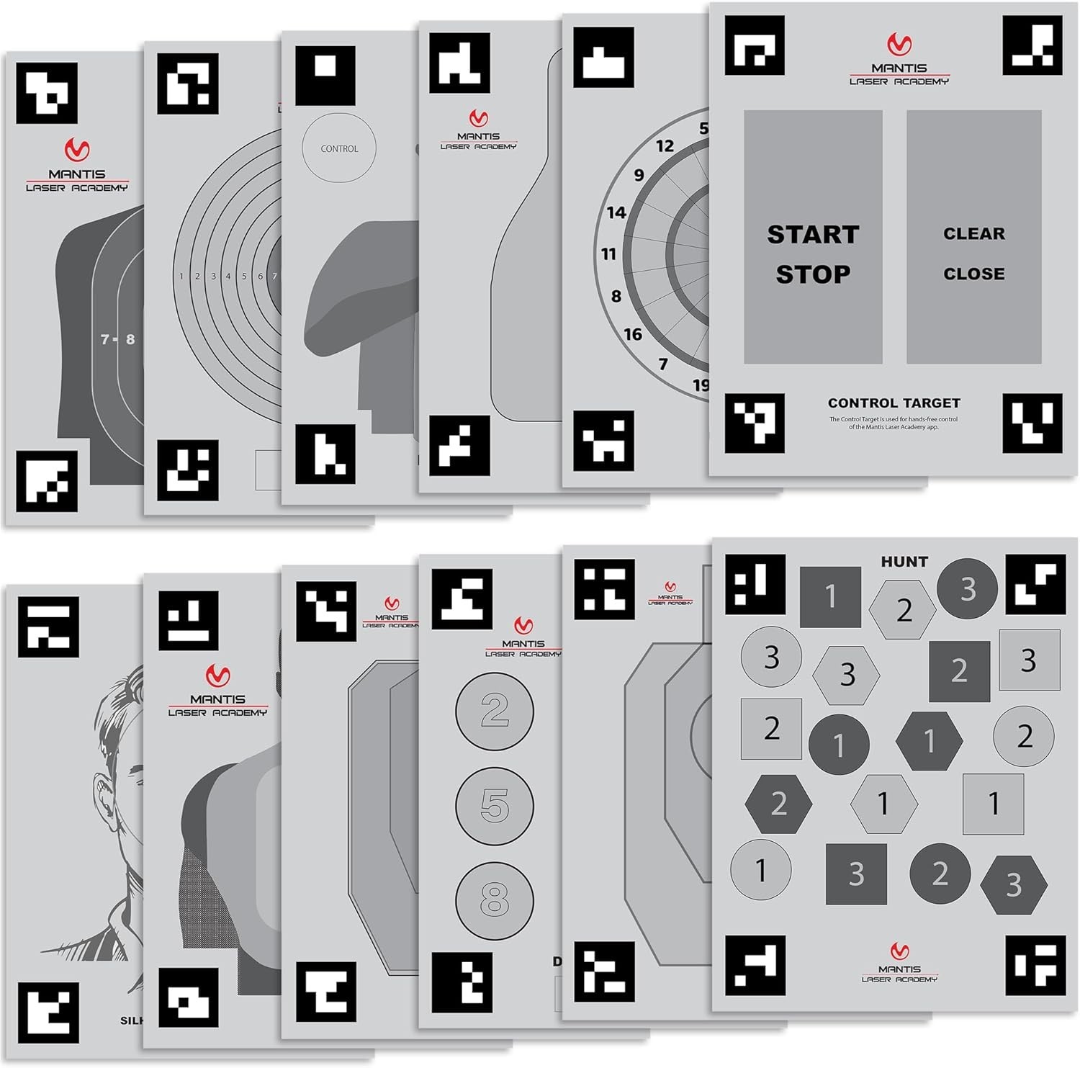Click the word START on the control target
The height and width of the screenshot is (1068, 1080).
click(813, 235)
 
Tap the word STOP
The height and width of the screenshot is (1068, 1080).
click(813, 274)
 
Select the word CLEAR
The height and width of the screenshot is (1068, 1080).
click(973, 234)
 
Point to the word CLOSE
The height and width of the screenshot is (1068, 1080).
click(973, 274)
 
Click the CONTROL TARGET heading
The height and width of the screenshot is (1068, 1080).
click(894, 403)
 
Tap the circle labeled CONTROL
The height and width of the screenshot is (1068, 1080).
click(339, 149)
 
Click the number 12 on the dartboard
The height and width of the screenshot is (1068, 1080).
click(665, 146)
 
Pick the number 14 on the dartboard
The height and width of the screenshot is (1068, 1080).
click(616, 212)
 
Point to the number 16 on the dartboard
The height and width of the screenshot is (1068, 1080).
click(633, 334)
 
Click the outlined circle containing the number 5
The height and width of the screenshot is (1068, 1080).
click(495, 805)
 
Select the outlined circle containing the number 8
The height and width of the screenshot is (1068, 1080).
click(495, 899)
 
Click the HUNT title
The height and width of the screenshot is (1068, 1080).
click(904, 562)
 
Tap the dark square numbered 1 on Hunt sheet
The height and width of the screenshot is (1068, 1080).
click(830, 596)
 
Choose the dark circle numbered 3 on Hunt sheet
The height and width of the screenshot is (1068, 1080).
click(967, 589)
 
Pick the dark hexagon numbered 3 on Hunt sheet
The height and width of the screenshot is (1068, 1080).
click(1014, 884)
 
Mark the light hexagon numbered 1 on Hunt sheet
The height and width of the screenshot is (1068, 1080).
click(883, 804)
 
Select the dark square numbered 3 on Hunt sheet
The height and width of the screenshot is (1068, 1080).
click(856, 874)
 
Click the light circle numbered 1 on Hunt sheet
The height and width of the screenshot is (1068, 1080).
click(760, 870)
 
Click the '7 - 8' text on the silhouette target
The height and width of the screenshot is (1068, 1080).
click(117, 339)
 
